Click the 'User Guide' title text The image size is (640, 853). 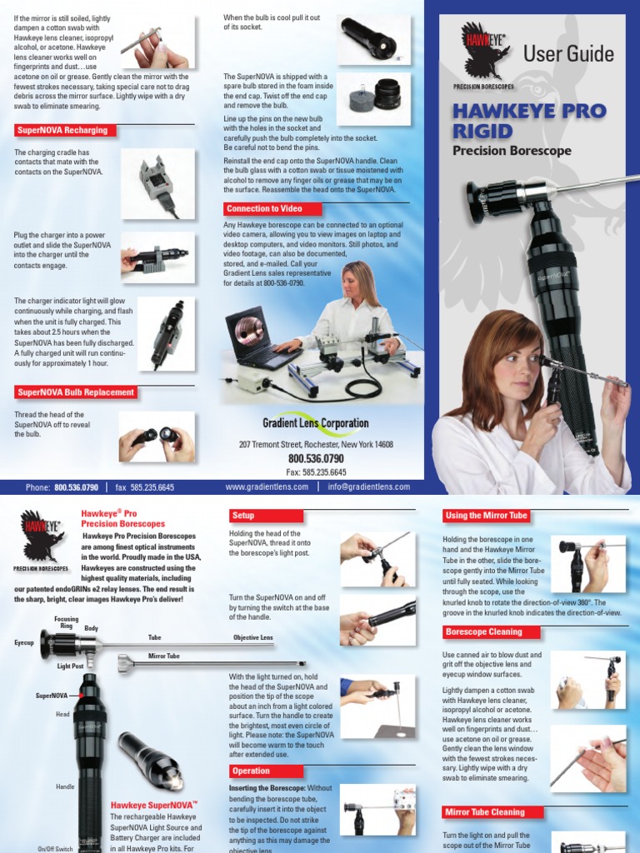[x=568, y=55]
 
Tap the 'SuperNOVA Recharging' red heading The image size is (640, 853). [x=62, y=131]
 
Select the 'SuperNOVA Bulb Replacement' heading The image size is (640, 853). [x=75, y=392]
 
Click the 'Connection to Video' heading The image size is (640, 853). [x=263, y=208]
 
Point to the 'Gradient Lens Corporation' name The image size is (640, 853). [x=315, y=422]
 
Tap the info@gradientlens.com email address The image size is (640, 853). [x=368, y=487]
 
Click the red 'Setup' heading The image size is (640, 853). [x=243, y=516]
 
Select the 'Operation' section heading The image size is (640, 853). [x=251, y=771]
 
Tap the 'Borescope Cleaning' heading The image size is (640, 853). [x=483, y=632]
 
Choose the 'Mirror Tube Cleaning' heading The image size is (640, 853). [x=485, y=812]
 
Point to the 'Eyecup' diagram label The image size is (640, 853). [x=24, y=643]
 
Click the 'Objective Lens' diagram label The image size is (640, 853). [x=252, y=637]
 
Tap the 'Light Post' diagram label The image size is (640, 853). [x=70, y=666]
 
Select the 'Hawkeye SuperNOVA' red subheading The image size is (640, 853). [x=153, y=806]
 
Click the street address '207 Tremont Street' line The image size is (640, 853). [x=316, y=445]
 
